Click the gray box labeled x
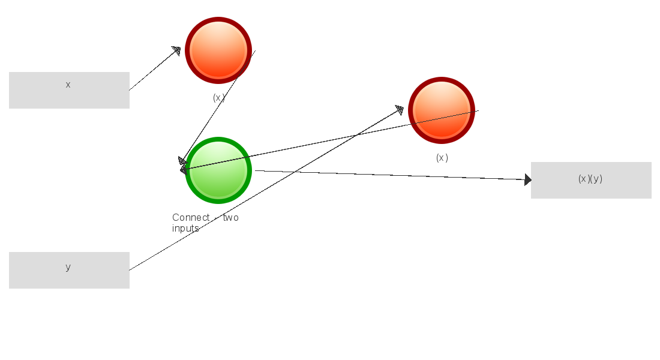[x=69, y=90]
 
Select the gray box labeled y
[x=69, y=270]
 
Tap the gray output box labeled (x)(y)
[x=591, y=180]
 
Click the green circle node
[x=218, y=170]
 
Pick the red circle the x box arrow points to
[x=218, y=50]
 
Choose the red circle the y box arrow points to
[x=442, y=110]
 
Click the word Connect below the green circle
[x=191, y=217]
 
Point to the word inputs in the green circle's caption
[x=185, y=229]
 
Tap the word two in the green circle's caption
[x=231, y=217]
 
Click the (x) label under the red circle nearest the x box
[x=219, y=98]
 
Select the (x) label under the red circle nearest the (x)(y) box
[x=442, y=158]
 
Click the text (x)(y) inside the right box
[x=590, y=179]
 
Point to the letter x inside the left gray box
[x=68, y=85]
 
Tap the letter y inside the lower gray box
[x=68, y=267]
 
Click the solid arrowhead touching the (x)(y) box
[x=528, y=179]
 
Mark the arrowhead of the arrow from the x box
[x=176, y=50]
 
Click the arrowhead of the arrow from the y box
[x=399, y=109]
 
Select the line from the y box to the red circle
[x=264, y=190]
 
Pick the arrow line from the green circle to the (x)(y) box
[x=390, y=175]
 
